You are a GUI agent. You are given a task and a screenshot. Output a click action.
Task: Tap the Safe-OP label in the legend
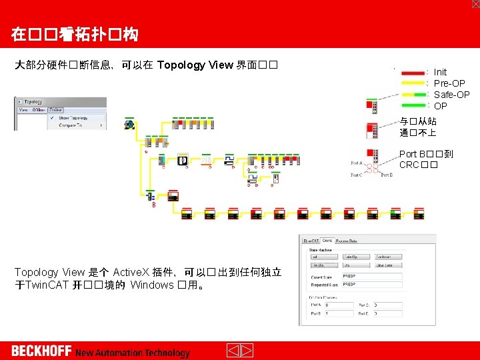pos(451,95)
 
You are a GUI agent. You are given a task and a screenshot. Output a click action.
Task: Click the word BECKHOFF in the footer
pos(41,351)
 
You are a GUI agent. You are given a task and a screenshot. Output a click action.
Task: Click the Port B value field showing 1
pos(339,313)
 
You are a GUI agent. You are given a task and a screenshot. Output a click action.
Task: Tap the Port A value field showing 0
pos(339,305)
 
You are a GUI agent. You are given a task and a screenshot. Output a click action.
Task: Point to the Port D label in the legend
pos(387,175)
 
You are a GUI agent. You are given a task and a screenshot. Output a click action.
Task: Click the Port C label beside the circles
pos(357,175)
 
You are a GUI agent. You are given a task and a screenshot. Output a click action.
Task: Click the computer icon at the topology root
pos(129,124)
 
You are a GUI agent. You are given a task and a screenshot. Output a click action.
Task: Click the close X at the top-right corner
pos(475,4)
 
